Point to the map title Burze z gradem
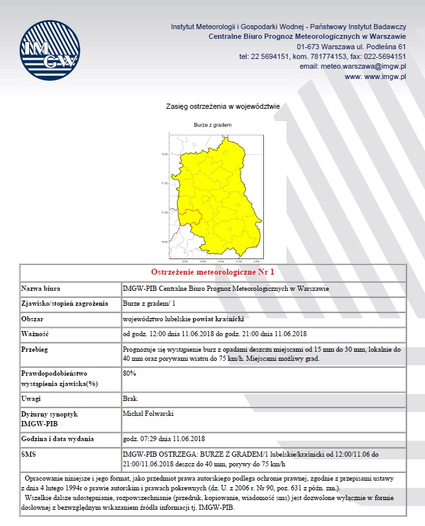(213, 125)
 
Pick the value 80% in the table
(129, 374)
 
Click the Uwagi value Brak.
(130, 397)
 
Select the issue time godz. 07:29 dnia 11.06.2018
(163, 439)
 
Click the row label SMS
(28, 454)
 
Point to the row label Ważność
(35, 334)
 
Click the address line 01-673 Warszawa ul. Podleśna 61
(351, 47)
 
